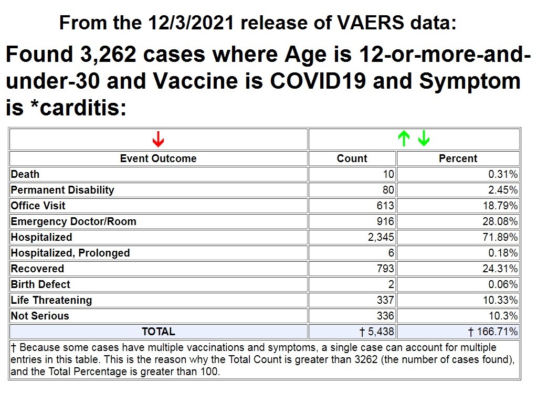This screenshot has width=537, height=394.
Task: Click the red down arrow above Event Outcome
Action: tap(158, 139)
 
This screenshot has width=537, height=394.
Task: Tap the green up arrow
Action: tap(404, 139)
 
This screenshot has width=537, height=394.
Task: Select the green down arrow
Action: tap(424, 139)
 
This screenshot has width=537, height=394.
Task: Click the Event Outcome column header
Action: tap(158, 158)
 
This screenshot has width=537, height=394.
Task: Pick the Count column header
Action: tap(352, 158)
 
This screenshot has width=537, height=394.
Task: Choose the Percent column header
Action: tap(458, 158)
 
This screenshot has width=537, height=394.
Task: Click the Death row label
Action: tap(25, 174)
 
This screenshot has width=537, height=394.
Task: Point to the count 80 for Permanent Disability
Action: tap(388, 190)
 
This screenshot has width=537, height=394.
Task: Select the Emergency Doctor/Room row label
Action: tap(73, 221)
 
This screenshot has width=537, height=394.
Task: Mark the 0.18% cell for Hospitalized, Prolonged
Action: tap(503, 253)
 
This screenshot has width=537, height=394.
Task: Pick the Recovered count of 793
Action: tap(385, 269)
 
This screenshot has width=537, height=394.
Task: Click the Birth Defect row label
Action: tap(40, 284)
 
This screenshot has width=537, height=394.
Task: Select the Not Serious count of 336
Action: tap(385, 316)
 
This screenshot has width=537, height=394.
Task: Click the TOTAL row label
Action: tap(158, 332)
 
